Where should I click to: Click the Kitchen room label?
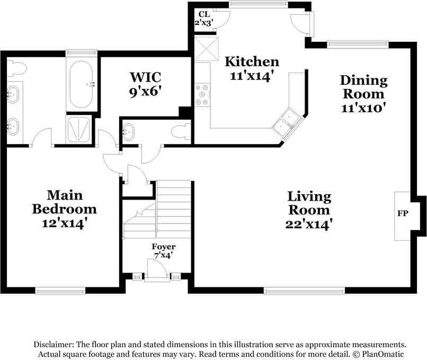click(x=252, y=62)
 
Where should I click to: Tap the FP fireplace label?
click(x=403, y=213)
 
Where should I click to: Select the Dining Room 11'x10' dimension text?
click(x=363, y=109)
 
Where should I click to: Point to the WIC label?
click(x=145, y=77)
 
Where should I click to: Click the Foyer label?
click(x=163, y=247)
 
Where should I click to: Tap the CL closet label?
click(x=203, y=14)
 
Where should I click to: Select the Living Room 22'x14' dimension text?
click(x=309, y=224)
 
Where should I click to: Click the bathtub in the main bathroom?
click(x=81, y=84)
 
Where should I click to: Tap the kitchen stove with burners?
click(x=202, y=94)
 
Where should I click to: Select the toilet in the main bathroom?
click(x=16, y=68)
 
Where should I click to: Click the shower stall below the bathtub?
click(x=78, y=130)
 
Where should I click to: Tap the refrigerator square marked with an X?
click(x=206, y=49)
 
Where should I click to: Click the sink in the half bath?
click(x=129, y=132)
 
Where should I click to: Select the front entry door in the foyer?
click(x=157, y=268)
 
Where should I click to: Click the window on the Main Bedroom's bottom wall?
click(x=60, y=291)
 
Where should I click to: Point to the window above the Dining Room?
click(x=358, y=44)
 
